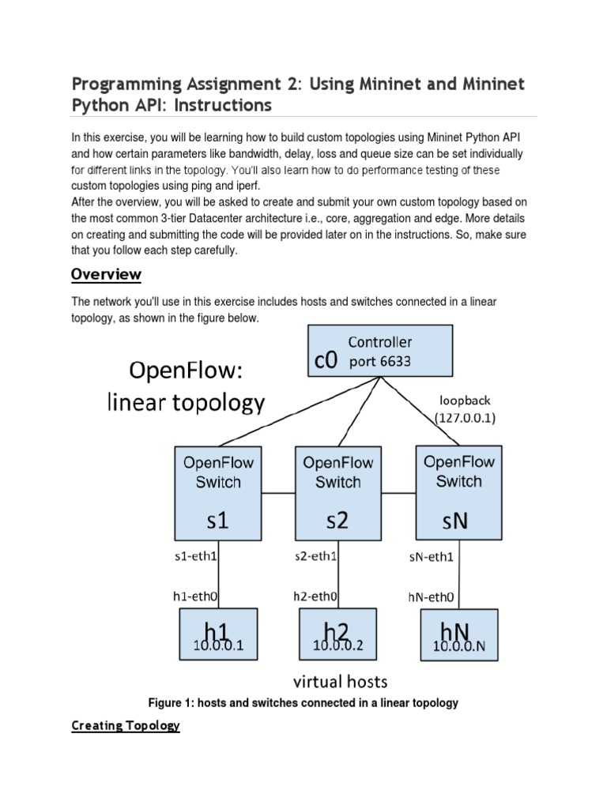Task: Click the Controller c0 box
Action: coord(380,351)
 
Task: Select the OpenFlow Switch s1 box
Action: coord(217,492)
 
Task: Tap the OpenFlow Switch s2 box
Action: coord(337,492)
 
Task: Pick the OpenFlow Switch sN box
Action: coord(458,491)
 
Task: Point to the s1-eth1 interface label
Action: coord(195,556)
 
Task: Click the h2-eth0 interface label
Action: coord(315,596)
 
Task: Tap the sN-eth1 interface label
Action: coord(432,557)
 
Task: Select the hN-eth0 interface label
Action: coord(432,597)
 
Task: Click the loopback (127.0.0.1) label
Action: coord(465,409)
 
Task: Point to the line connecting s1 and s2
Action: coord(277,495)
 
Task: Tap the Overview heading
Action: coord(106,274)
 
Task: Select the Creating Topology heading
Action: coord(126,725)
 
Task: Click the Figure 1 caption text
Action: coord(303,702)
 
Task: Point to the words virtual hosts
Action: coord(340,681)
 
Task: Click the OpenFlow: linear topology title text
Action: coord(186,388)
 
